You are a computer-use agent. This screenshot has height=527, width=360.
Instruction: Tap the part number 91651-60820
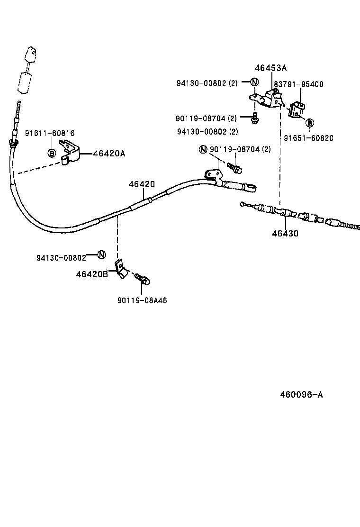click(308, 138)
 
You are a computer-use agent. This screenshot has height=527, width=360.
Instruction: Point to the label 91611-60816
click(50, 134)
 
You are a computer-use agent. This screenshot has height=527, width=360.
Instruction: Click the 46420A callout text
click(109, 153)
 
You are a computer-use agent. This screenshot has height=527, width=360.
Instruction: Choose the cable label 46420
click(141, 184)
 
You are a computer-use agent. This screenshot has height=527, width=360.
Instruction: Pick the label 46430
click(285, 233)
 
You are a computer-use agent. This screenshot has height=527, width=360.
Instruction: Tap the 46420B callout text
click(92, 274)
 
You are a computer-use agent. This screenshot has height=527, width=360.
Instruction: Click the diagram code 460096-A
click(294, 394)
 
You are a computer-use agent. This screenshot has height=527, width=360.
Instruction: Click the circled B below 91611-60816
click(52, 153)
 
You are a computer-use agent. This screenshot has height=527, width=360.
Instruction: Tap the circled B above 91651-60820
click(309, 123)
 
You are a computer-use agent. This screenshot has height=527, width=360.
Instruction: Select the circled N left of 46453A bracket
click(254, 82)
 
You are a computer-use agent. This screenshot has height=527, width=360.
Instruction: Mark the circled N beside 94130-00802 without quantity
click(101, 254)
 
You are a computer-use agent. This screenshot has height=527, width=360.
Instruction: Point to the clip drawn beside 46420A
click(70, 154)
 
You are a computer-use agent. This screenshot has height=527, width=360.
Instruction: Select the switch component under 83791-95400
click(297, 109)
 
